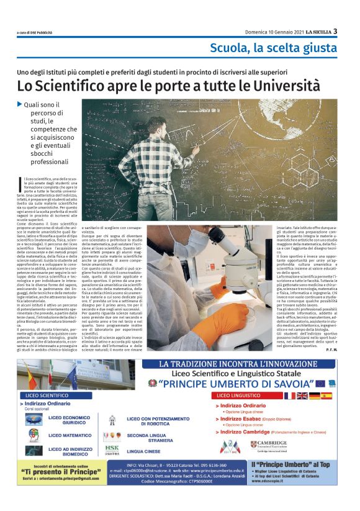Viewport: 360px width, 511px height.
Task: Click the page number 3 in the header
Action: (335, 31)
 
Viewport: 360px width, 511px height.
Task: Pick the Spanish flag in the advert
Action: (326, 395)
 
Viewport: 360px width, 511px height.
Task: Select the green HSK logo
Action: (112, 448)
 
